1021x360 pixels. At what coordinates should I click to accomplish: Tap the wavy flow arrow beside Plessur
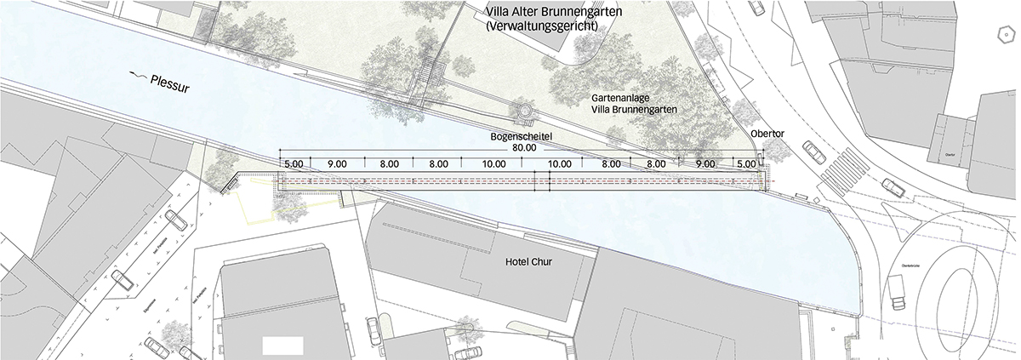(136, 76)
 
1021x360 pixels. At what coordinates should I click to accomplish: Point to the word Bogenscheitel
(521, 136)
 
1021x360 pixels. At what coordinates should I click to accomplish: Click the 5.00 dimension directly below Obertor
(745, 163)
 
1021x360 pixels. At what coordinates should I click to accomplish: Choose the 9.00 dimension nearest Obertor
(704, 163)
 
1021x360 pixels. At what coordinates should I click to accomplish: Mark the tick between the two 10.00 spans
(534, 159)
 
